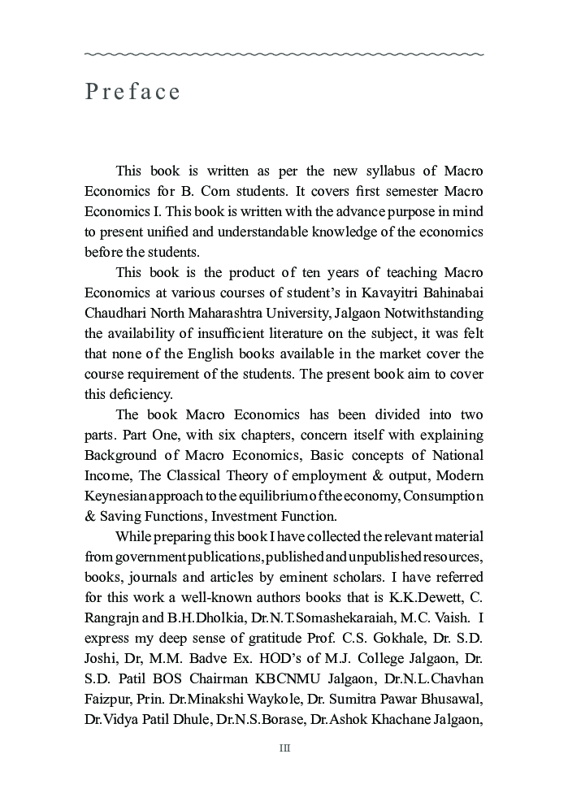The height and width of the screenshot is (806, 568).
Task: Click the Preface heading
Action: coord(132,92)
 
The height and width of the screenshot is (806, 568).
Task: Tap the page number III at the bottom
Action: coord(284,748)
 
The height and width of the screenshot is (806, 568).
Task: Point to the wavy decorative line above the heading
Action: coord(284,54)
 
